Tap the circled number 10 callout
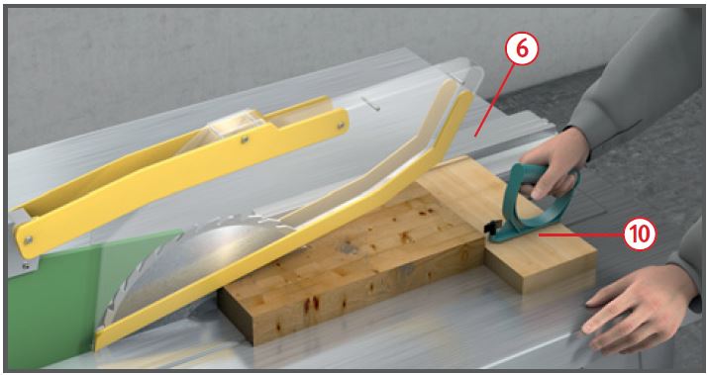tap(640, 234)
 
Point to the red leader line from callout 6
tap(493, 100)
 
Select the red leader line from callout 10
tap(581, 234)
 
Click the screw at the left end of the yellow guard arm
tap(28, 239)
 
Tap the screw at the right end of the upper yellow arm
tap(342, 125)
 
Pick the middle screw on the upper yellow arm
tap(244, 140)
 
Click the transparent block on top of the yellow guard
tap(236, 122)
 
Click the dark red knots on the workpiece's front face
tap(311, 304)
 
